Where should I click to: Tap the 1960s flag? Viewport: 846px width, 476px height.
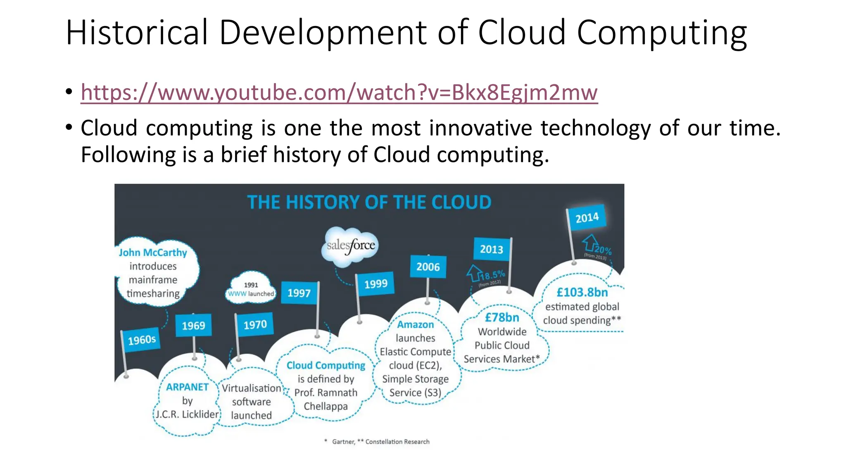tap(142, 340)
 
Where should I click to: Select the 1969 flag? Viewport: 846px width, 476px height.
tap(193, 326)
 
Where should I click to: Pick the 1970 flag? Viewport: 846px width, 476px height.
tap(255, 325)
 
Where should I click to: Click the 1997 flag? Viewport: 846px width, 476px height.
tap(299, 293)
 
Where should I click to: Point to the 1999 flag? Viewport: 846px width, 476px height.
tap(375, 284)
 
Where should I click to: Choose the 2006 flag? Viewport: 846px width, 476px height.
tap(428, 267)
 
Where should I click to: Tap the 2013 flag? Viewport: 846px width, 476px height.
tap(491, 249)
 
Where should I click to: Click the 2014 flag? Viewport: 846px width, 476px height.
tap(587, 217)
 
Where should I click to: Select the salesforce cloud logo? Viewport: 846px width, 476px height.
tap(350, 246)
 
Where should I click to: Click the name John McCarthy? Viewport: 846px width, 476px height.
tap(153, 252)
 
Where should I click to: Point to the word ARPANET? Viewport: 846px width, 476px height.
tap(187, 387)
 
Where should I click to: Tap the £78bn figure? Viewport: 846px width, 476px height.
tap(502, 317)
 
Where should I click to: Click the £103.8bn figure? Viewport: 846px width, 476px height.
tap(582, 293)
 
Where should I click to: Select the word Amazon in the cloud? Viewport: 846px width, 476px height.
tap(416, 325)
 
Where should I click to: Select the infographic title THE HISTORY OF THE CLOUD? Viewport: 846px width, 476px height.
tap(369, 202)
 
